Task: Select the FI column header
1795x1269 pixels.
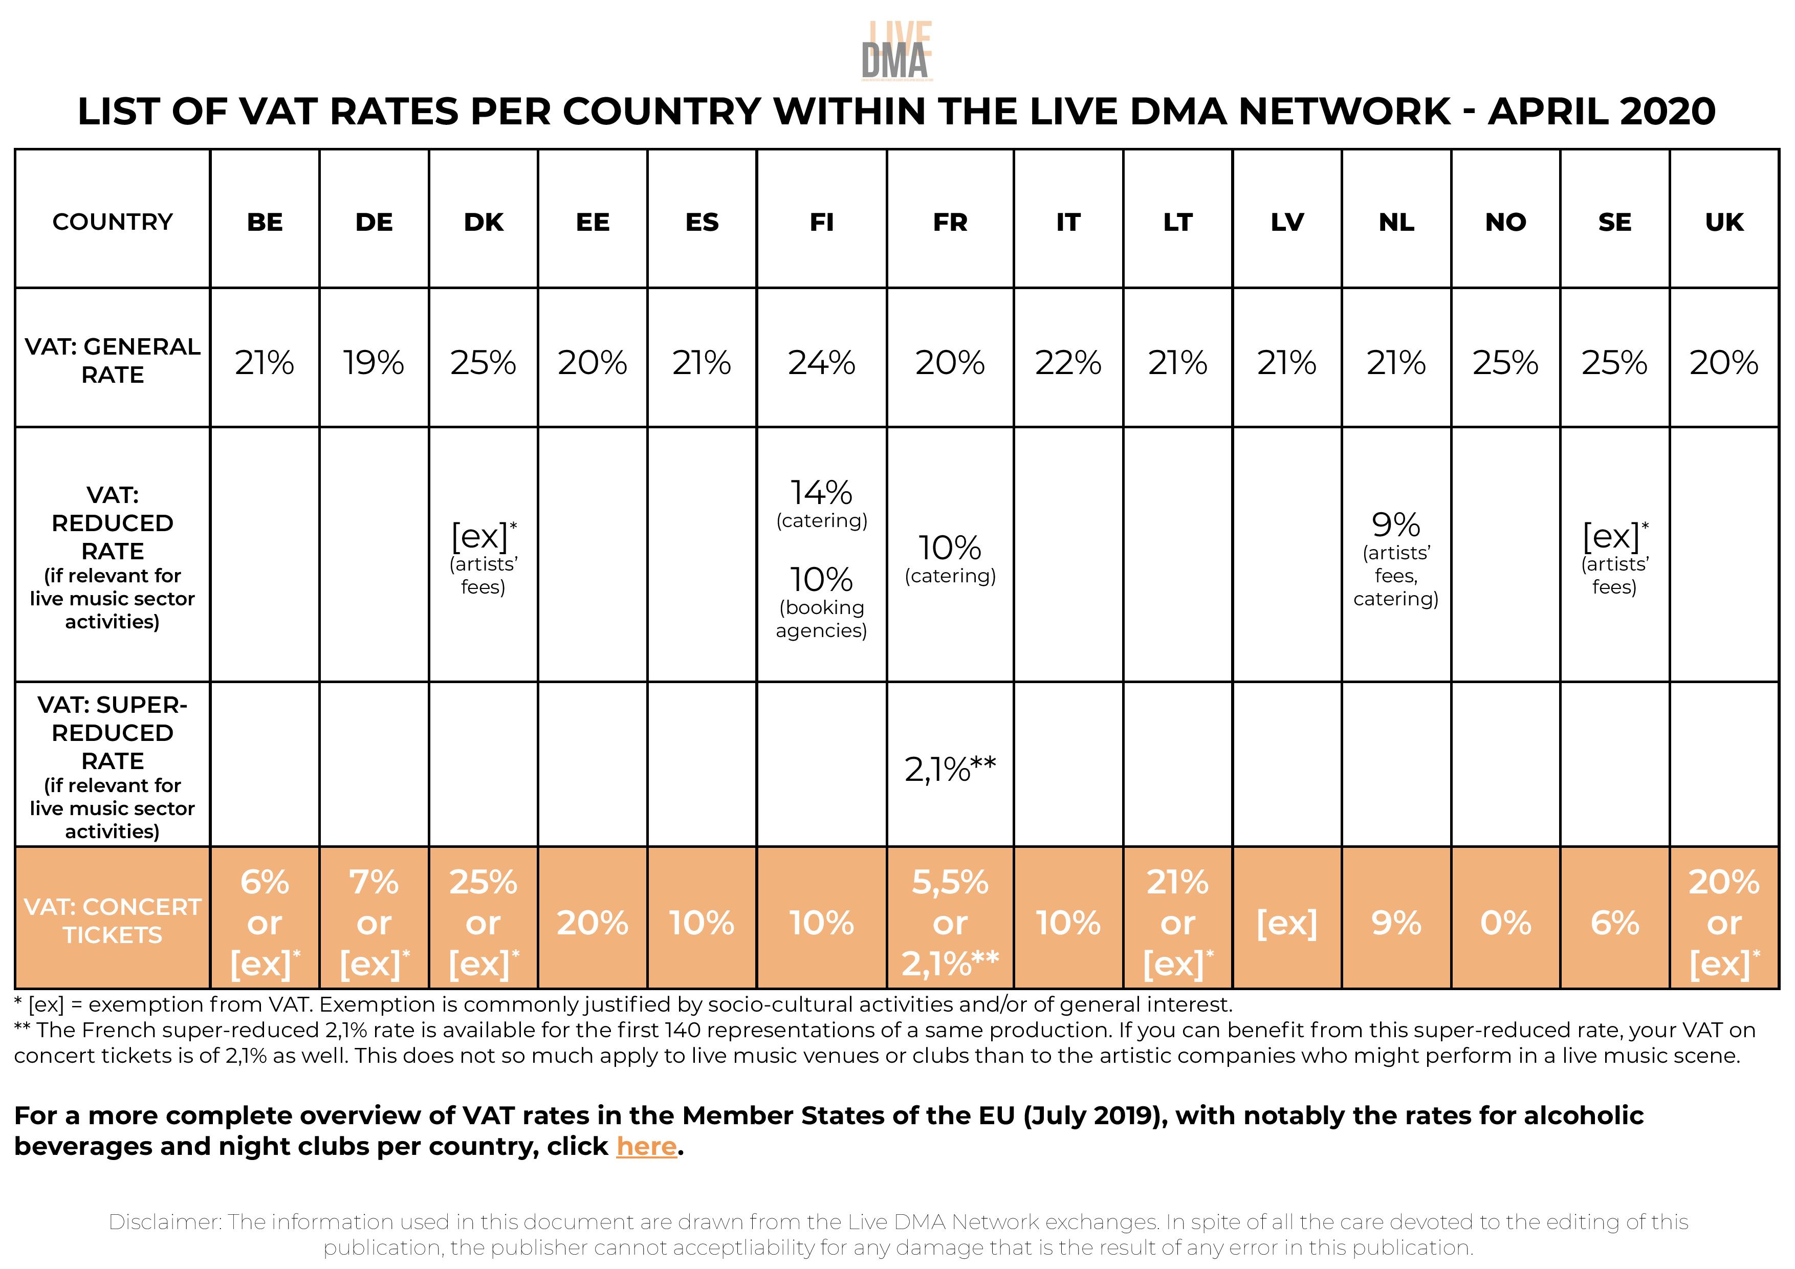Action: tap(822, 222)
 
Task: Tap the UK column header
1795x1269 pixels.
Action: tap(1724, 222)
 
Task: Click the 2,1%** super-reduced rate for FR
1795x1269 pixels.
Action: tap(950, 770)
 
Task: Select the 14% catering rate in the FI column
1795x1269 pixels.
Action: tap(822, 493)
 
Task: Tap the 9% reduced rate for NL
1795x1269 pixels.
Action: tap(1396, 524)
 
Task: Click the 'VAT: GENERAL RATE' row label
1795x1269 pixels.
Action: tap(113, 360)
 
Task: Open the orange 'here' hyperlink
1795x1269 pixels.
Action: tap(646, 1146)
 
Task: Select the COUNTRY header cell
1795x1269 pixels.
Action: tap(113, 222)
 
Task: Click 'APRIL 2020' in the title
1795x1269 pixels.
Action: tap(1601, 112)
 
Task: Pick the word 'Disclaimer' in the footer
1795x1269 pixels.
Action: tap(164, 1222)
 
